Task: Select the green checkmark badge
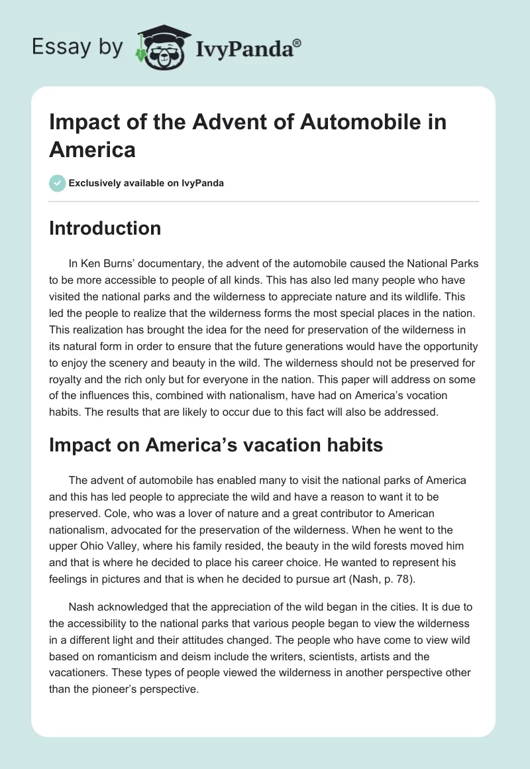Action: [58, 183]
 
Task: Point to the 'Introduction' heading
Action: [105, 228]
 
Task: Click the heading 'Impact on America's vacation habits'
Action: [216, 445]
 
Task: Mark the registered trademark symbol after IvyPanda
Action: [297, 43]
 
